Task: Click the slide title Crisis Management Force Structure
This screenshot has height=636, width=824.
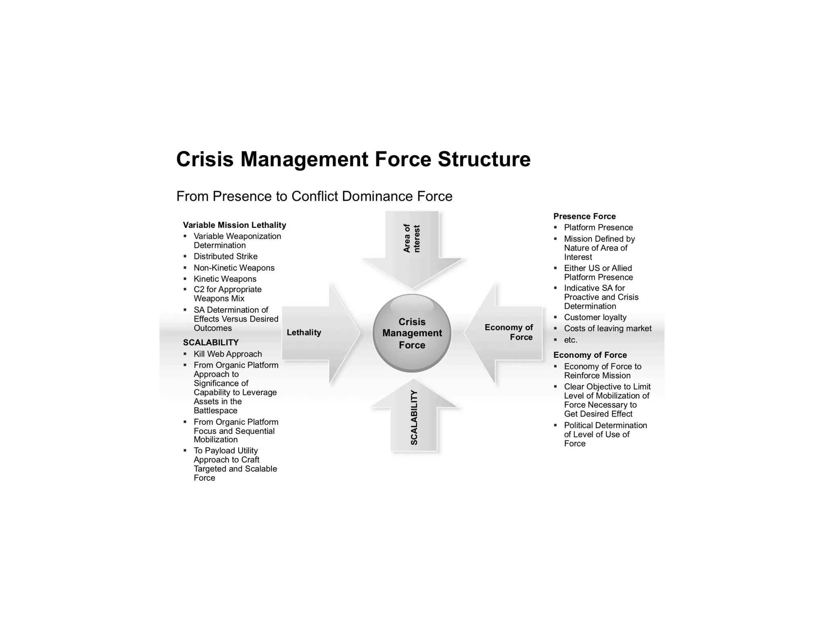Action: pyautogui.click(x=353, y=159)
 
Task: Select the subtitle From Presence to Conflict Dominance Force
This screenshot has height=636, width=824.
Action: pyautogui.click(x=314, y=196)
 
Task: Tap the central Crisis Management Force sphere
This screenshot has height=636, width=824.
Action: pyautogui.click(x=412, y=333)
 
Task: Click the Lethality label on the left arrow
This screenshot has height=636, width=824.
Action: pyautogui.click(x=304, y=332)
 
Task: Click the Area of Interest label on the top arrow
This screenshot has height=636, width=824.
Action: pyautogui.click(x=412, y=238)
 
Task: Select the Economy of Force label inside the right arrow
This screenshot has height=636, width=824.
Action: pyautogui.click(x=509, y=332)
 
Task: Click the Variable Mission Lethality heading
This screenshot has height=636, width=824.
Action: pyautogui.click(x=234, y=225)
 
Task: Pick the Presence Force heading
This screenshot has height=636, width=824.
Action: pyautogui.click(x=584, y=216)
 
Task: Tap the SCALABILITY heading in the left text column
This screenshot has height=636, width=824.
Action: pyautogui.click(x=211, y=343)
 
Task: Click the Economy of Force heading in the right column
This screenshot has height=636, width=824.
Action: pyautogui.click(x=590, y=355)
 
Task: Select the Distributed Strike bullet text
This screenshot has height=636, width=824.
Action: pyautogui.click(x=225, y=256)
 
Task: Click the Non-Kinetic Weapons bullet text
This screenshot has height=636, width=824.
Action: pyautogui.click(x=234, y=268)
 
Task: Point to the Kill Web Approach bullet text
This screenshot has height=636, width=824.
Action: pyautogui.click(x=228, y=354)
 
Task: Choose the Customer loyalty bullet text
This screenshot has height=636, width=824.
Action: pyautogui.click(x=595, y=318)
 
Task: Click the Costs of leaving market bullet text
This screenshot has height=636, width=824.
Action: pyautogui.click(x=608, y=328)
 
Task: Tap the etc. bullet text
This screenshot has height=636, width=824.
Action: pyautogui.click(x=571, y=340)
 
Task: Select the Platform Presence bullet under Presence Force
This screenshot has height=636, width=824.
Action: pyautogui.click(x=598, y=228)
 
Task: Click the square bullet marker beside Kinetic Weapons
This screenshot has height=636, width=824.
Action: pyautogui.click(x=185, y=279)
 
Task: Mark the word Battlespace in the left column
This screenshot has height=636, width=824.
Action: pyautogui.click(x=215, y=410)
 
